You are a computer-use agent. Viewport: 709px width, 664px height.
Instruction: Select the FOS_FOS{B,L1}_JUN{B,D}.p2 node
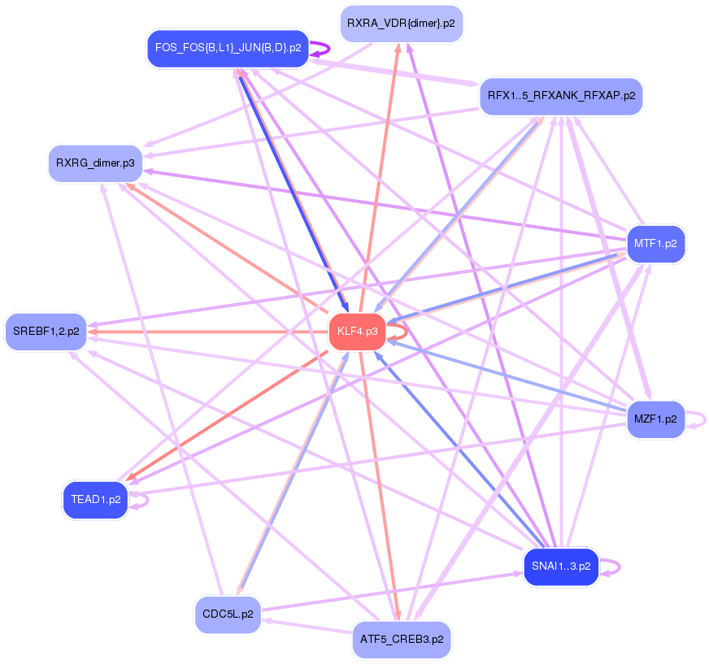click(228, 48)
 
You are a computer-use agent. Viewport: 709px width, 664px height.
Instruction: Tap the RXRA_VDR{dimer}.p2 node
click(401, 24)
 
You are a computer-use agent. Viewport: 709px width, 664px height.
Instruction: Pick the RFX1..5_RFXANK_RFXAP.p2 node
click(561, 96)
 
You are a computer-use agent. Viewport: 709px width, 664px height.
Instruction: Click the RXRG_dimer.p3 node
click(95, 163)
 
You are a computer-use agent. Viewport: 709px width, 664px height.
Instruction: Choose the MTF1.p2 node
click(655, 243)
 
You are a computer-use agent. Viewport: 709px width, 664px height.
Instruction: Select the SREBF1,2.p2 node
click(46, 332)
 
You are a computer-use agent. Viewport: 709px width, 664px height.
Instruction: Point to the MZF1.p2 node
click(655, 419)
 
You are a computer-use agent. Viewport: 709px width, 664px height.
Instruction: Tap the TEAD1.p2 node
click(96, 499)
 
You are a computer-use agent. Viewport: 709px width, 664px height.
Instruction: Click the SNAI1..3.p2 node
click(561, 566)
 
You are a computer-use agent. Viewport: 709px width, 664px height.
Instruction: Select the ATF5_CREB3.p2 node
click(402, 639)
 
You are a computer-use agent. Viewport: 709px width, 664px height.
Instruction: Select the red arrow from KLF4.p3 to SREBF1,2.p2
click(203, 332)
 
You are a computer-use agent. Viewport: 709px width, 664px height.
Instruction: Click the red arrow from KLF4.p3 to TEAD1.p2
click(228, 414)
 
